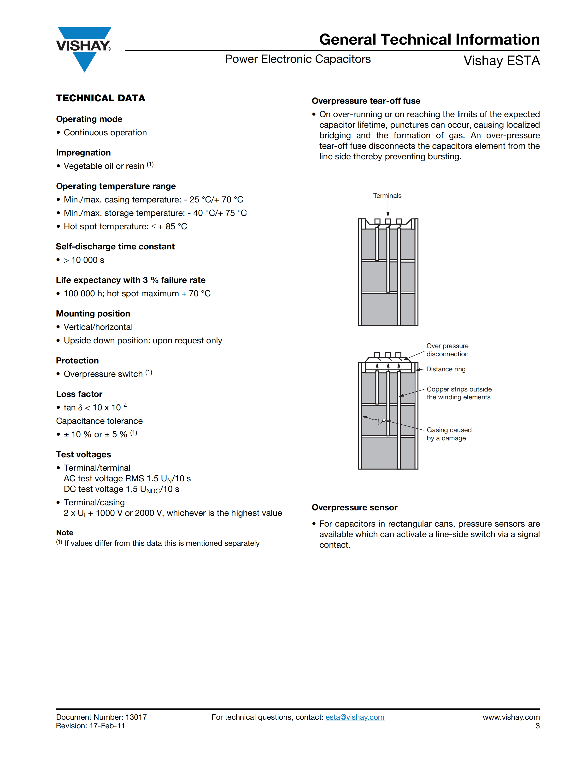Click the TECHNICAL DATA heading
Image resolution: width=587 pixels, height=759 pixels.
pyautogui.click(x=100, y=98)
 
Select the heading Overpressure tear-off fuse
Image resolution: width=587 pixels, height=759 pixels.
pyautogui.click(x=366, y=101)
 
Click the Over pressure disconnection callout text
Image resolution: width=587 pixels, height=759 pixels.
pyautogui.click(x=447, y=350)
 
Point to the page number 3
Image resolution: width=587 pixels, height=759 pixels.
pyautogui.click(x=538, y=726)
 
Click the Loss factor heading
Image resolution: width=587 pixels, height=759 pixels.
pyautogui.click(x=79, y=394)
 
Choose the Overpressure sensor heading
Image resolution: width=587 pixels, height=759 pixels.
pyautogui.click(x=354, y=508)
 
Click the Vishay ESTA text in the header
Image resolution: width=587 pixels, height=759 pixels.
pyautogui.click(x=501, y=61)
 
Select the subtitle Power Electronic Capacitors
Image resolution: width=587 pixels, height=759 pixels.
pyautogui.click(x=298, y=59)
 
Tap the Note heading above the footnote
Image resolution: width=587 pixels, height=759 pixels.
pyautogui.click(x=65, y=533)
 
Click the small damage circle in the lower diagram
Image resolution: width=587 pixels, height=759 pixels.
pyautogui.click(x=384, y=420)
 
